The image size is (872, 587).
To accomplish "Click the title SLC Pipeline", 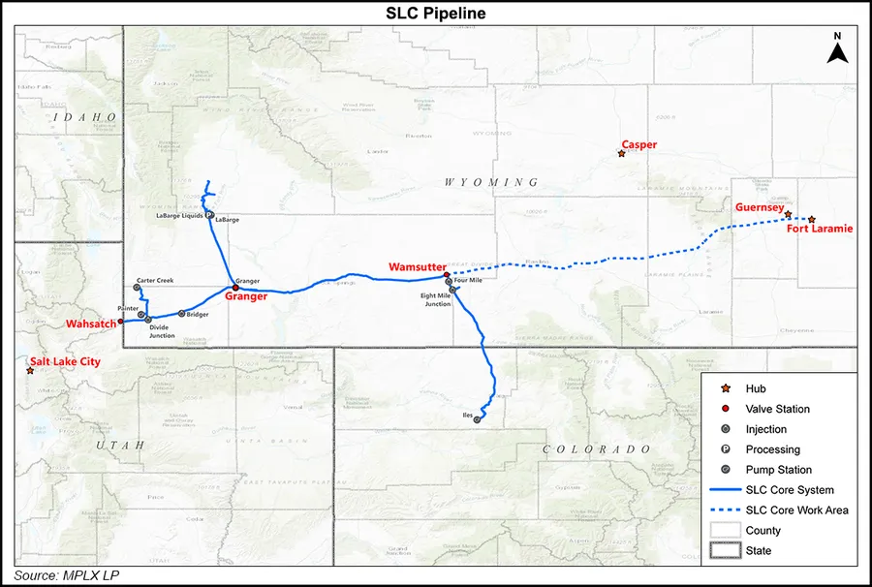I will (436, 14).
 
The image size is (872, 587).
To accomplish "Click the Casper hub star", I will (622, 154).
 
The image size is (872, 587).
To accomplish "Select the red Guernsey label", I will (759, 206).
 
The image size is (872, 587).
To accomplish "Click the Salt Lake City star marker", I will (31, 371).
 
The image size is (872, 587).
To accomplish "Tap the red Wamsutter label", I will (417, 266).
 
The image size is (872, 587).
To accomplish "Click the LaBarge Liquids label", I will (179, 216).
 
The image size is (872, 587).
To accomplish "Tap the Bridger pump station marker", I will (181, 314).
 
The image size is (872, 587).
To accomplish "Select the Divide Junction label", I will (162, 331).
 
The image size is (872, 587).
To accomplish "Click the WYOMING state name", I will (490, 182).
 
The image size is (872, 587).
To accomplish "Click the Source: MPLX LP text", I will (67, 575).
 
